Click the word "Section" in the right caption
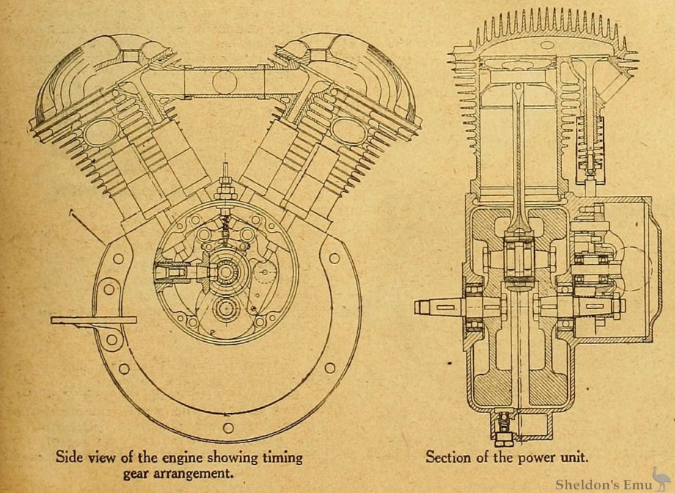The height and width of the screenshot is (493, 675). [x=450, y=457]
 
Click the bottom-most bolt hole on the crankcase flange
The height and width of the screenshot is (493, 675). [x=228, y=428]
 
